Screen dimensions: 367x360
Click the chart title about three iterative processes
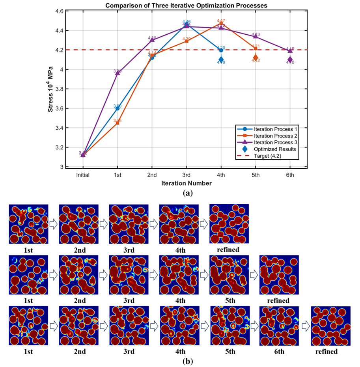pyautogui.click(x=187, y=5)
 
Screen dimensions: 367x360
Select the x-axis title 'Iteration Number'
pyautogui.click(x=187, y=183)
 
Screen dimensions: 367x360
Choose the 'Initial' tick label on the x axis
pyautogui.click(x=83, y=175)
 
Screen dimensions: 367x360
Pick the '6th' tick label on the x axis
pyautogui.click(x=290, y=175)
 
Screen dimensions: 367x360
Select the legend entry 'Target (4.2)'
pyautogui.click(x=272, y=156)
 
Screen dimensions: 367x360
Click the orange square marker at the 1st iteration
pyautogui.click(x=118, y=123)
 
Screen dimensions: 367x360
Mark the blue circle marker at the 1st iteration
pyautogui.click(x=118, y=108)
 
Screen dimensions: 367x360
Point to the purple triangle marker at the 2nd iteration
pyautogui.click(x=152, y=40)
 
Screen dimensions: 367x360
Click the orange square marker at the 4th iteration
pyautogui.click(x=221, y=23)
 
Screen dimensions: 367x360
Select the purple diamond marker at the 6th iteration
pyautogui.click(x=290, y=60)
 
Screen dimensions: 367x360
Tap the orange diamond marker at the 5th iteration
pyautogui.click(x=256, y=58)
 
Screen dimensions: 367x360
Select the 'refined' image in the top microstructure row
pyautogui.click(x=229, y=224)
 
